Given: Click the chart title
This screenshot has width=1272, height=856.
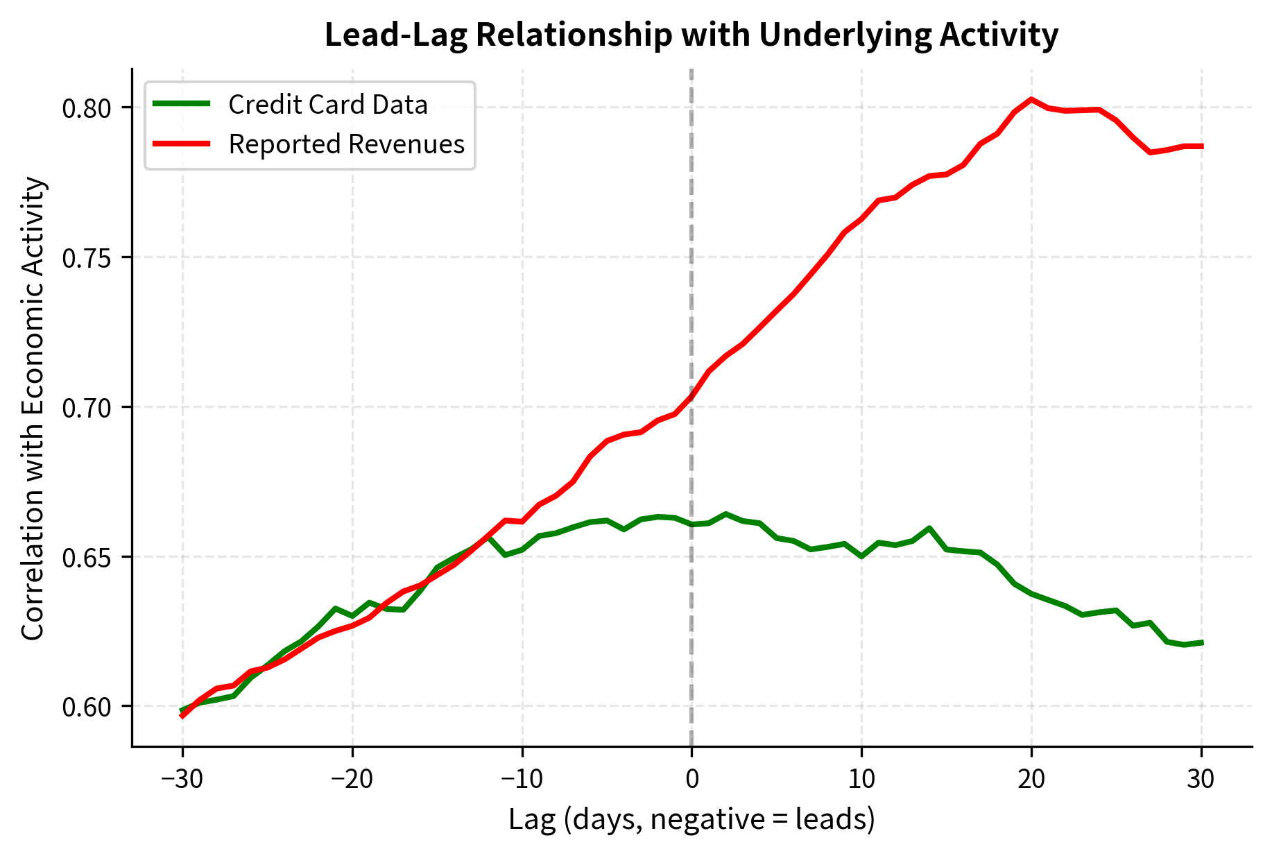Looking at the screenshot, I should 691,35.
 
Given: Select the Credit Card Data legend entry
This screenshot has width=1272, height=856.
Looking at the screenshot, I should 327,105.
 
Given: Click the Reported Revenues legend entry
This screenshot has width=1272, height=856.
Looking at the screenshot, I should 346,144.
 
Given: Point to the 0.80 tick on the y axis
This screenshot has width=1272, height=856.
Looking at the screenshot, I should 87,108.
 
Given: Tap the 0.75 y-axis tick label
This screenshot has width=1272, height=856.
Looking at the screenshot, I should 87,258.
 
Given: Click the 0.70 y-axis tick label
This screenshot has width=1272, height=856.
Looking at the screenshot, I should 87,408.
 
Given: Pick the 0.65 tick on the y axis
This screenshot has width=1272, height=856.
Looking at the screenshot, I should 87,558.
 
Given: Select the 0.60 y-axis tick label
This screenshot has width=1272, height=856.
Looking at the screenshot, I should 87,708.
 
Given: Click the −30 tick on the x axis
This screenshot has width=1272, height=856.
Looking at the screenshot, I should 182,780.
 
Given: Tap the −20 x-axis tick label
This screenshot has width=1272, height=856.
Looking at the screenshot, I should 352,780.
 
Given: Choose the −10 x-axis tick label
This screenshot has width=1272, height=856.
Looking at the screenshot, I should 522,780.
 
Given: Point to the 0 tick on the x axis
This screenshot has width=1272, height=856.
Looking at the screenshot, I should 691,780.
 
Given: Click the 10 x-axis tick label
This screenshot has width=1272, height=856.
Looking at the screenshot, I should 861,780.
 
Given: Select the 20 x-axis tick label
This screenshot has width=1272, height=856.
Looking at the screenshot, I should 1031,780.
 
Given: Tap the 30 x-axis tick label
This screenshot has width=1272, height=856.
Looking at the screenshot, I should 1201,780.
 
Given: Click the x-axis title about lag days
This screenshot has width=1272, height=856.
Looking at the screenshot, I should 691,820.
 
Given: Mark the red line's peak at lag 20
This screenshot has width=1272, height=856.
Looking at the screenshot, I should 1031,99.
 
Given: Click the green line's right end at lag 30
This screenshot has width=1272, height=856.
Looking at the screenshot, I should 1201,642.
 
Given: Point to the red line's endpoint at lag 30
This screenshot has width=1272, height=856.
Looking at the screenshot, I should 1201,146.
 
